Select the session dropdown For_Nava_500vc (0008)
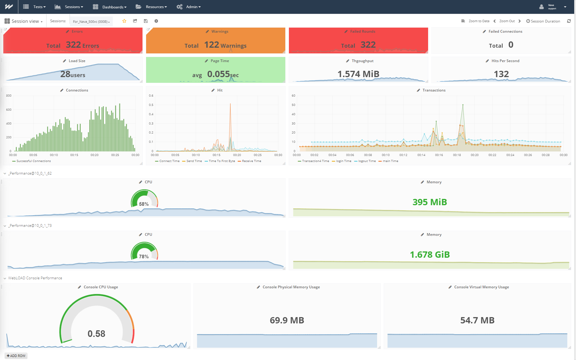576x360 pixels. click(91, 21)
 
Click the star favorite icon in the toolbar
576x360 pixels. click(124, 21)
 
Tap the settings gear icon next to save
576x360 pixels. click(156, 21)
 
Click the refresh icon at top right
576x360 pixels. click(569, 21)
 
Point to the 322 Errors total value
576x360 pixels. click(73, 45)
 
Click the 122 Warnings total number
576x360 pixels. click(212, 45)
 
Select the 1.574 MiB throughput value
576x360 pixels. click(358, 74)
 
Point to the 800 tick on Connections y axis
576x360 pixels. click(9, 96)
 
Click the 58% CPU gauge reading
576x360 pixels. click(144, 204)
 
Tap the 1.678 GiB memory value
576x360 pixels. click(430, 255)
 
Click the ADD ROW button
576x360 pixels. click(16, 356)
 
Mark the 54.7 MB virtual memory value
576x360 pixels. click(477, 320)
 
